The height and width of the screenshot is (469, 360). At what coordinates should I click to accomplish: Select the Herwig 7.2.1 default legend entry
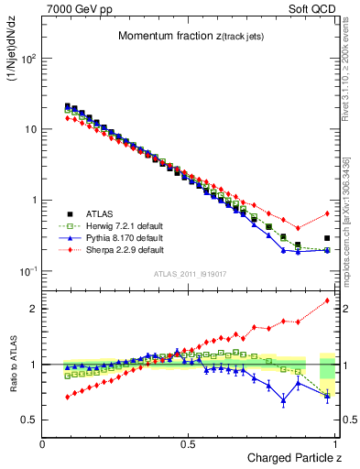(115, 224)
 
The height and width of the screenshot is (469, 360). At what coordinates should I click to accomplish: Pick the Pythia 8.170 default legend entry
(115, 236)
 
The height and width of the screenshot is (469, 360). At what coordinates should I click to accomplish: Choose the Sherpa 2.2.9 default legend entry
(115, 249)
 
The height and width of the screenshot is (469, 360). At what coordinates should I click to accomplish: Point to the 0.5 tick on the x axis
(190, 444)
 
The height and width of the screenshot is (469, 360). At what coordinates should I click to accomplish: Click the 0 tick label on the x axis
(43, 444)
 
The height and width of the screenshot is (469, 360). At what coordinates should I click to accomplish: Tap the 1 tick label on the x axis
(336, 444)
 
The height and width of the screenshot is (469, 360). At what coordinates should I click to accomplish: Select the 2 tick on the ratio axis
(34, 309)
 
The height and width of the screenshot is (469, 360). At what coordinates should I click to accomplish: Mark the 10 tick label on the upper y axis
(27, 129)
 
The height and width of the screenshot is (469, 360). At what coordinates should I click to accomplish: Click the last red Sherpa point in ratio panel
(327, 300)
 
